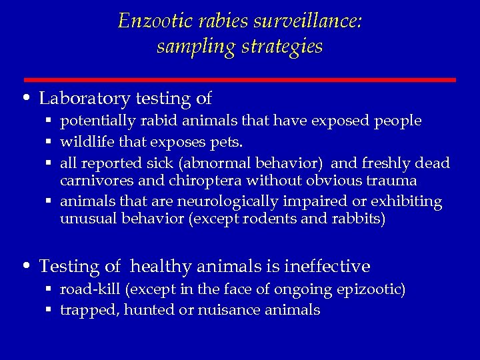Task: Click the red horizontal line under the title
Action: (240, 80)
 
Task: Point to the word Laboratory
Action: (84, 99)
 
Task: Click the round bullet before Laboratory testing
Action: (26, 99)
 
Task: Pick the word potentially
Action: (95, 121)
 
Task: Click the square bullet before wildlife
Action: (49, 142)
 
